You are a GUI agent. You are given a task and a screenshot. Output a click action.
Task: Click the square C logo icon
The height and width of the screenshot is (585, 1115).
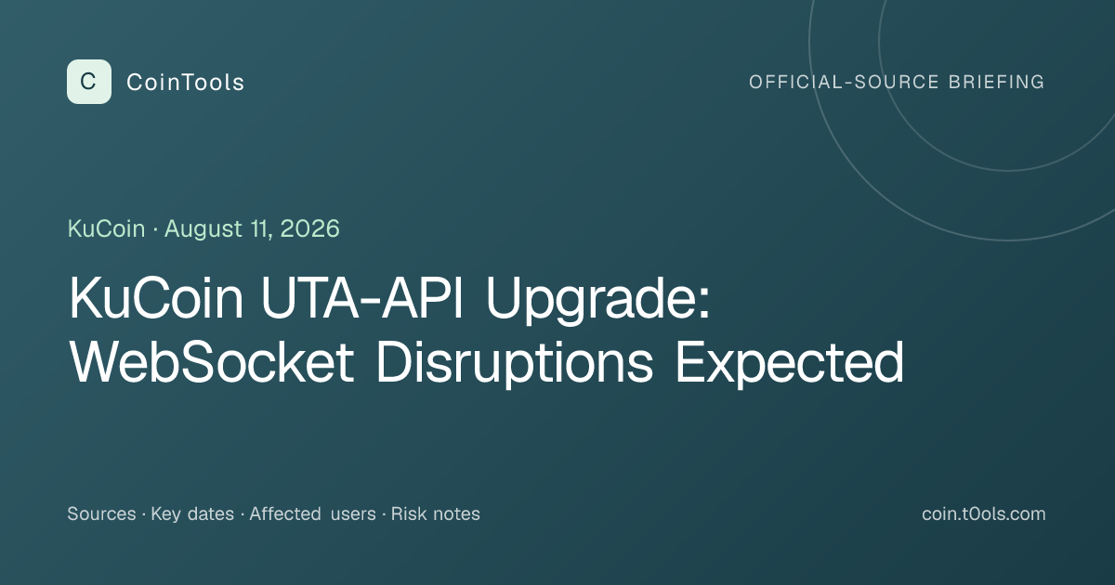point(89,82)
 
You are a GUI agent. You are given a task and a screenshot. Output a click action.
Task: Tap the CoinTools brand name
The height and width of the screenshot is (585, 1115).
point(185,83)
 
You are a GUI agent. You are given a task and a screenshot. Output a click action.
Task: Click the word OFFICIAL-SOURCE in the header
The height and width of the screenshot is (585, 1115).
point(844,82)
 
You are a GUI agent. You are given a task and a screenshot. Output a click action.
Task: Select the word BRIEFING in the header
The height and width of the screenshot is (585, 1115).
point(996,82)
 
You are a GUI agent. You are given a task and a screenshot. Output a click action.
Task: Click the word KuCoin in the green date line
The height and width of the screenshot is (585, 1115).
point(107,228)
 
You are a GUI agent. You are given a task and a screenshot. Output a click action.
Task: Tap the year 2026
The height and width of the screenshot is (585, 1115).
point(309,228)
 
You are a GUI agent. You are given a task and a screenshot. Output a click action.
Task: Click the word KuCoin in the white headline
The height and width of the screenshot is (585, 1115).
point(156,297)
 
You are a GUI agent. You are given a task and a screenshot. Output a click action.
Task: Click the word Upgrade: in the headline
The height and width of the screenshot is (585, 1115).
point(597,301)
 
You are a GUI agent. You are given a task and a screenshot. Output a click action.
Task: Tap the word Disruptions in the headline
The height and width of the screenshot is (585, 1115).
point(514,365)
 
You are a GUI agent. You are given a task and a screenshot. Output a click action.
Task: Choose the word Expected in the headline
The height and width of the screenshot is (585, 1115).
point(789,365)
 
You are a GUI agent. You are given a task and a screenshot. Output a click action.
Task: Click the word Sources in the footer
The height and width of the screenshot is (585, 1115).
point(101,513)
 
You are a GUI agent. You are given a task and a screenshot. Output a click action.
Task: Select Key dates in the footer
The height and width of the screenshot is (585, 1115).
point(192,514)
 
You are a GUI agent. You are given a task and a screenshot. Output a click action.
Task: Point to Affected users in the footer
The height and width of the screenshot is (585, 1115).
point(312,513)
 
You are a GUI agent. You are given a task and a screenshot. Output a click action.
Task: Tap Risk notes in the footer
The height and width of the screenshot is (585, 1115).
point(436,513)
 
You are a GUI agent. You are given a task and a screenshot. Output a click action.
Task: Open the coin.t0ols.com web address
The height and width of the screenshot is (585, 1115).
point(984,513)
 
